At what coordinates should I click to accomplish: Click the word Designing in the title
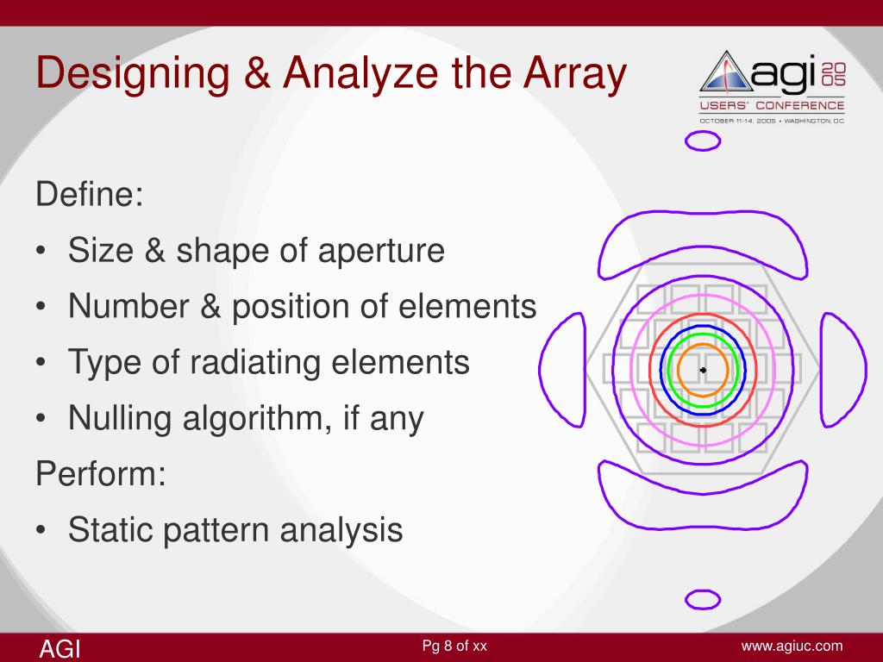pos(122,75)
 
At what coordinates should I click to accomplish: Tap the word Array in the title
pos(571,75)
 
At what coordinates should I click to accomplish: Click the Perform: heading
pos(100,475)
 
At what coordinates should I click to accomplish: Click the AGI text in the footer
pos(59,648)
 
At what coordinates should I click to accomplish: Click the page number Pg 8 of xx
pos(454,646)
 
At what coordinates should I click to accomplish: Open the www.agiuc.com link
pos(792,646)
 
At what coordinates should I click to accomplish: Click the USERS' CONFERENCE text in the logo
pos(772,105)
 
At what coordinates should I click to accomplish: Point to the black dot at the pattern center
pos(703,370)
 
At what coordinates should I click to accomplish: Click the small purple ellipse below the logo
pos(702,140)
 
